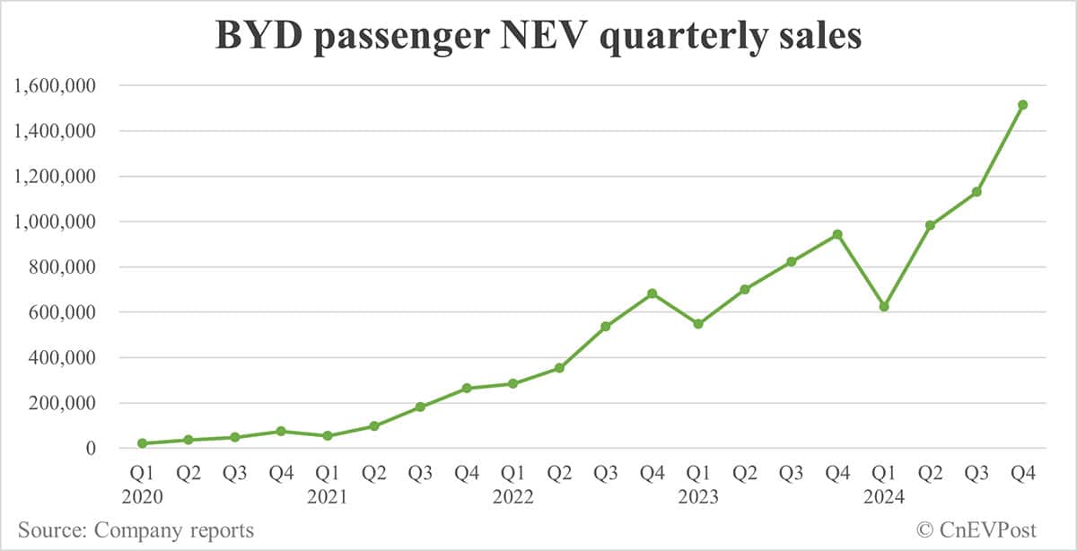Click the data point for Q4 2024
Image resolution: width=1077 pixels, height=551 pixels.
pyautogui.click(x=1022, y=105)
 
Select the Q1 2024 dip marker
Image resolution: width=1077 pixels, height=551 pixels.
pyautogui.click(x=884, y=307)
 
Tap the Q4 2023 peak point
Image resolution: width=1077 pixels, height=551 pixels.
pyautogui.click(x=837, y=234)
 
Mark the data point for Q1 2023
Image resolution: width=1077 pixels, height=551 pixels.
pyautogui.click(x=698, y=324)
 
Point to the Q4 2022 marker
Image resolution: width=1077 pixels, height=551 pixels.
pyautogui.click(x=652, y=293)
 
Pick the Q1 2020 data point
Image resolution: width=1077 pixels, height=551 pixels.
pyautogui.click(x=143, y=443)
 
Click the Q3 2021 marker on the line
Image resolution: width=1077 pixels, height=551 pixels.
pyautogui.click(x=420, y=407)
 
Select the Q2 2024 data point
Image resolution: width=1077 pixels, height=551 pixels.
pyautogui.click(x=930, y=225)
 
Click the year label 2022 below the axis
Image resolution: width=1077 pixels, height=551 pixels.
pyautogui.click(x=513, y=497)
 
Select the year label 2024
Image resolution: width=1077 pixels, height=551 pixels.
pyautogui.click(x=884, y=497)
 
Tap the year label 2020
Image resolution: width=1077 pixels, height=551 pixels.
pyautogui.click(x=143, y=497)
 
